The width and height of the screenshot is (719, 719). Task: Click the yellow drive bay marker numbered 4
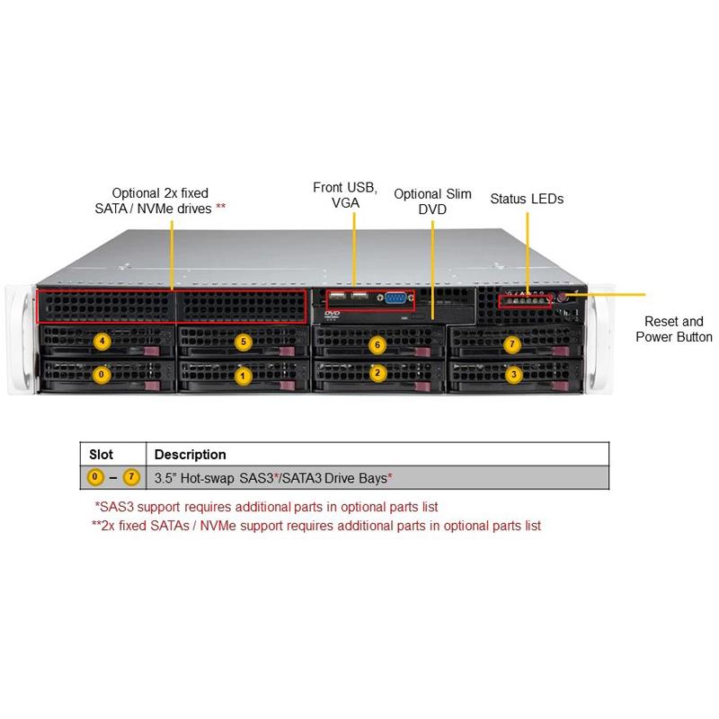coord(102,342)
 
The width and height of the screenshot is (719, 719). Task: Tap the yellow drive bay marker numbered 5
coord(242,342)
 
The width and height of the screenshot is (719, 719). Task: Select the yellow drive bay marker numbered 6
coord(377,343)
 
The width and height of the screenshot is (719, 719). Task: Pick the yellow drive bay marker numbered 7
coord(512,343)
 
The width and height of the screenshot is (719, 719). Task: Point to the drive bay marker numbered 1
coord(241,375)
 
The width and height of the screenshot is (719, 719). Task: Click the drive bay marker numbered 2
coord(377,373)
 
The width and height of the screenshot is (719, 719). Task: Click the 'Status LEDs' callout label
coord(527,199)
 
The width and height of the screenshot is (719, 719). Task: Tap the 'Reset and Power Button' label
coord(674,329)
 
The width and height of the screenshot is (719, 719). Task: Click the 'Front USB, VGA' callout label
coord(345,195)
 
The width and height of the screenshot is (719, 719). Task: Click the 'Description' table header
coord(191,454)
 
